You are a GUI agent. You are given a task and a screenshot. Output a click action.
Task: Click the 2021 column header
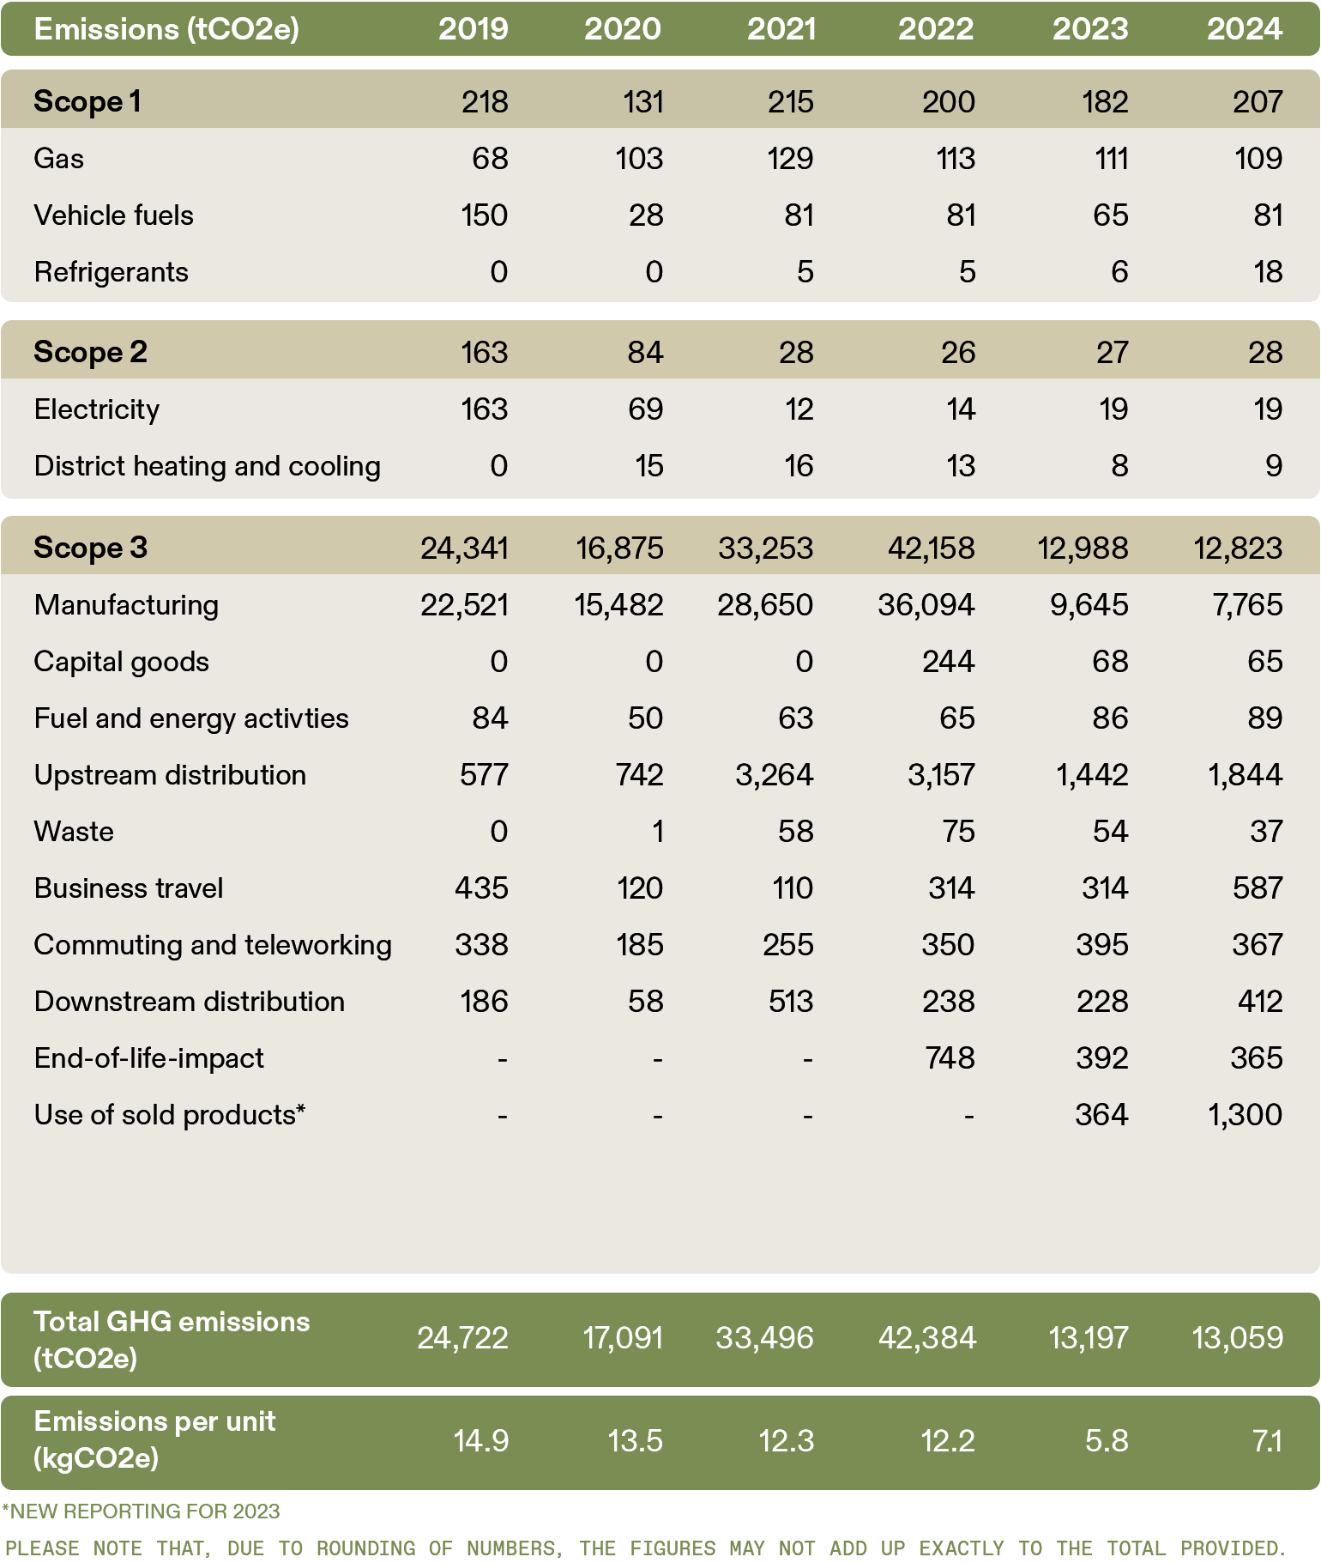[781, 29]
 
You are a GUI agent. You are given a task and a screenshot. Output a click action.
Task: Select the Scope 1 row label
[87, 101]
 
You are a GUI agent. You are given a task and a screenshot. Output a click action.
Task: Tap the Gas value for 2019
[490, 158]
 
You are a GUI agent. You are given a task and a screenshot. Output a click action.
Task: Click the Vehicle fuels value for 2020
[646, 215]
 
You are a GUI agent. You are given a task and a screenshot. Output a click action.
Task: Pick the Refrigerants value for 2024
[1268, 271]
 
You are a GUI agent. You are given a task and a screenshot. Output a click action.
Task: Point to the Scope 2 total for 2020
[645, 352]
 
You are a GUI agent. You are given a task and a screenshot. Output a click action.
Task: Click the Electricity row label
[97, 409]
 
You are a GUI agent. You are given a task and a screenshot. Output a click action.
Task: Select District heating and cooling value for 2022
[960, 465]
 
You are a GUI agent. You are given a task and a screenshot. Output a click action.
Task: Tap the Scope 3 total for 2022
[932, 548]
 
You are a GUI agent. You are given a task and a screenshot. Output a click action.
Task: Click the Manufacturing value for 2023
[1089, 604]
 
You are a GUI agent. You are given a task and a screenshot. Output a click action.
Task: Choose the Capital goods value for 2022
[949, 661]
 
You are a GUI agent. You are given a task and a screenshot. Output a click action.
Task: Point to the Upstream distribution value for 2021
[775, 774]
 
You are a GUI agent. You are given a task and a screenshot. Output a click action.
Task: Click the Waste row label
[74, 831]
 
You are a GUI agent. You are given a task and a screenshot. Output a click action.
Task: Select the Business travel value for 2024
[1258, 888]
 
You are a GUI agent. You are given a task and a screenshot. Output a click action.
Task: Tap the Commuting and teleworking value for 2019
[482, 944]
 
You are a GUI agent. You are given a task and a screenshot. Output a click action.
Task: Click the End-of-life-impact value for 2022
[950, 1057]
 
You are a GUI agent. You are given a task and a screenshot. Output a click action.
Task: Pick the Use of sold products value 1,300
[1246, 1114]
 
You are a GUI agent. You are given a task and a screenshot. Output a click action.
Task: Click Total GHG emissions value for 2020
[624, 1337]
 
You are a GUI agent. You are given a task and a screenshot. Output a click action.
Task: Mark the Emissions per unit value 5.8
[1107, 1440]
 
